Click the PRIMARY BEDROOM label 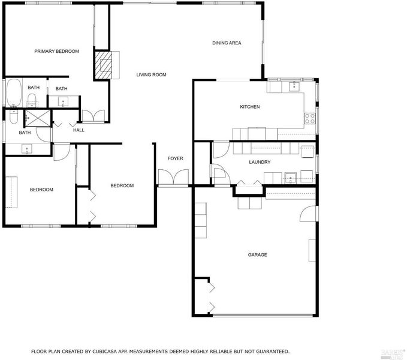point(56,51)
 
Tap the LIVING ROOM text point(151,75)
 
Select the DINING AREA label point(227,43)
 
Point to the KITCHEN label point(250,107)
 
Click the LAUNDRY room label point(260,162)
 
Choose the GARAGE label point(257,255)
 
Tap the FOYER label point(175,158)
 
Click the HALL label point(79,130)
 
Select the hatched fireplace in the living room point(103,65)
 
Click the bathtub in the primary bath point(14,93)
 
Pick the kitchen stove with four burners point(310,118)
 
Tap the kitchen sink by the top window point(294,86)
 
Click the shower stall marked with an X point(38,118)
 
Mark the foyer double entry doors point(173,178)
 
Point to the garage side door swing point(308,214)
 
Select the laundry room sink point(291,178)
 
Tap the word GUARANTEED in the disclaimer point(273,352)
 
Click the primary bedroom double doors point(94,116)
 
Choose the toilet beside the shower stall point(14,117)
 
